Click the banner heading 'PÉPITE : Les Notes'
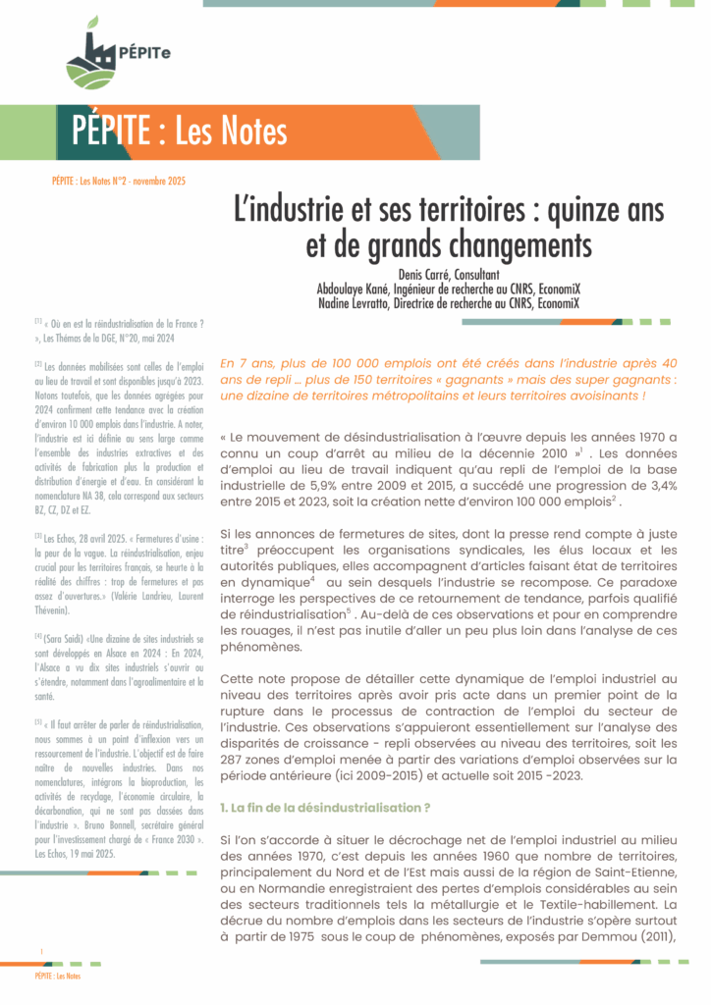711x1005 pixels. (181, 131)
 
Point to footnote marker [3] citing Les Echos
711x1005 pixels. (37, 538)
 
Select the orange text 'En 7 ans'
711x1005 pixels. (243, 362)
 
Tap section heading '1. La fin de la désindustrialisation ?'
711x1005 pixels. (325, 807)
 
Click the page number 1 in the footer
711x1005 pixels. (41, 953)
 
